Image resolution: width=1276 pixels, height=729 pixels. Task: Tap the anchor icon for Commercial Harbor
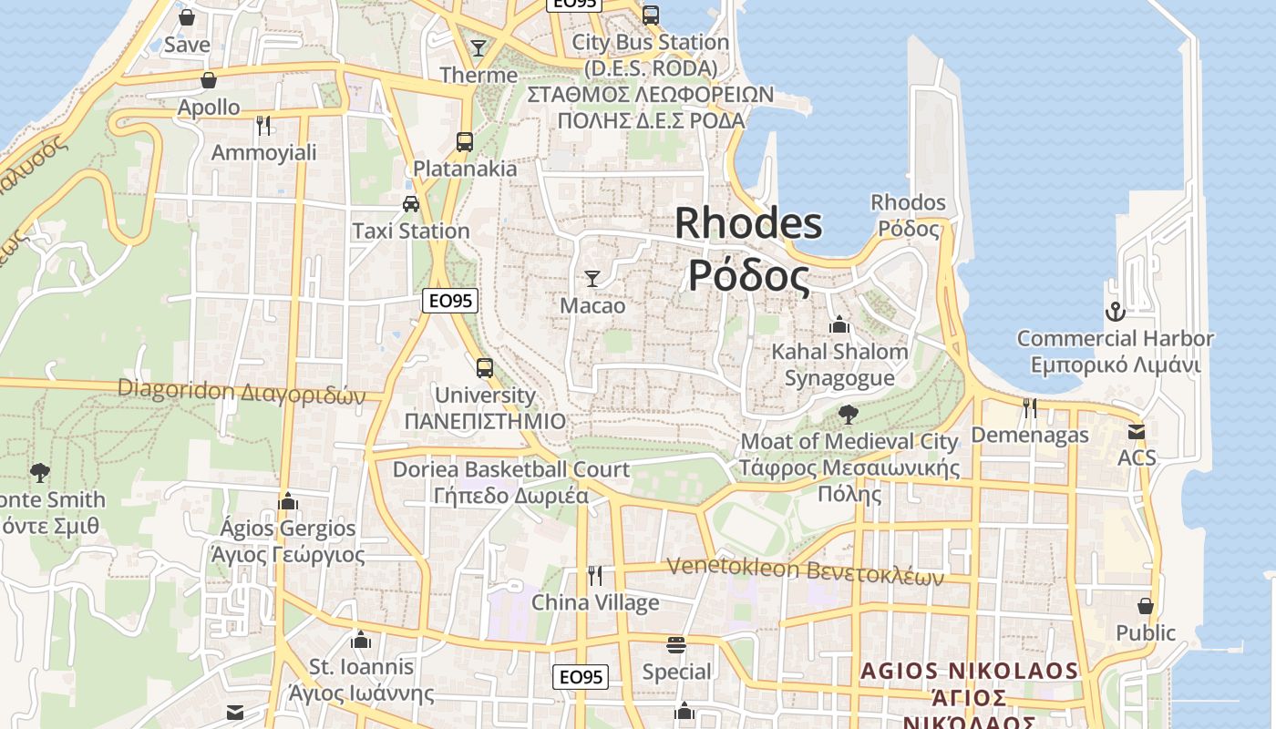pos(1115,312)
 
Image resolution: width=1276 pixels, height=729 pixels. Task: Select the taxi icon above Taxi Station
pos(411,203)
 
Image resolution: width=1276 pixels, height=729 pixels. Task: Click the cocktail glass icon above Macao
pos(592,278)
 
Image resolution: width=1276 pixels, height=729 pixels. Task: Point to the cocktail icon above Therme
pos(478,47)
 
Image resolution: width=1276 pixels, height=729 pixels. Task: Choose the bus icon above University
pos(485,368)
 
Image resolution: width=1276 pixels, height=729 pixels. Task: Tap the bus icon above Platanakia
pos(465,141)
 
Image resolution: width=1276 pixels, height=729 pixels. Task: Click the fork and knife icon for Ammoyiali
pos(263,125)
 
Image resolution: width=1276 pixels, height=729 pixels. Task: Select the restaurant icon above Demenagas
pos(1030,407)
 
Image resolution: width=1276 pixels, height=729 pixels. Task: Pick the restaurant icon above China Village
pos(595,575)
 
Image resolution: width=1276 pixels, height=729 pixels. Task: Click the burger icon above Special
pos(675,645)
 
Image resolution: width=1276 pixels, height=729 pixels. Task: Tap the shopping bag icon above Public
pos(1146,605)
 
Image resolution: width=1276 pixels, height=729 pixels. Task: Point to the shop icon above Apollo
pos(209,80)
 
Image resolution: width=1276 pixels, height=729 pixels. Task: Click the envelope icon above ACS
pos(1136,431)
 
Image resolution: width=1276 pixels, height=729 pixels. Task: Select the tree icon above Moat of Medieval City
pos(848,415)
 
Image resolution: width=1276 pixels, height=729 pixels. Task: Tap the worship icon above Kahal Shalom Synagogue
pos(839,324)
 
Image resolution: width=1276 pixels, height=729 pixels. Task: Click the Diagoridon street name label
pos(241,392)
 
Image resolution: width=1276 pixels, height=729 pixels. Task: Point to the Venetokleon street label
pos(805,570)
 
